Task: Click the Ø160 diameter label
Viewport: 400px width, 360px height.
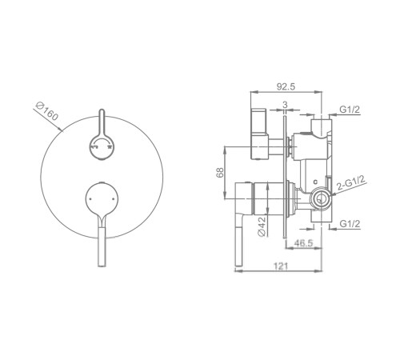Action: coord(47,111)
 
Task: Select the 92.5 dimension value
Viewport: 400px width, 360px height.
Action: coord(286,87)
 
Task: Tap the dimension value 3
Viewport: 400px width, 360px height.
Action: coord(285,105)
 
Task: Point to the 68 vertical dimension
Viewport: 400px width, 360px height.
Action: coord(220,173)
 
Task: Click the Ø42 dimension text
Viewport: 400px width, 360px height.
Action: coord(262,226)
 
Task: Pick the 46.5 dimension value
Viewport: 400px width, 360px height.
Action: coord(303,243)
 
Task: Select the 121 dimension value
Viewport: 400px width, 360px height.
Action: coord(281,266)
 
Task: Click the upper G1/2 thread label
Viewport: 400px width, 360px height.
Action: coord(350,110)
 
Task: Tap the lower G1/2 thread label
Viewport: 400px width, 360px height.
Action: coord(350,224)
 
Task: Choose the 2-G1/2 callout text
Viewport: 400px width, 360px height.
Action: coord(351,182)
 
